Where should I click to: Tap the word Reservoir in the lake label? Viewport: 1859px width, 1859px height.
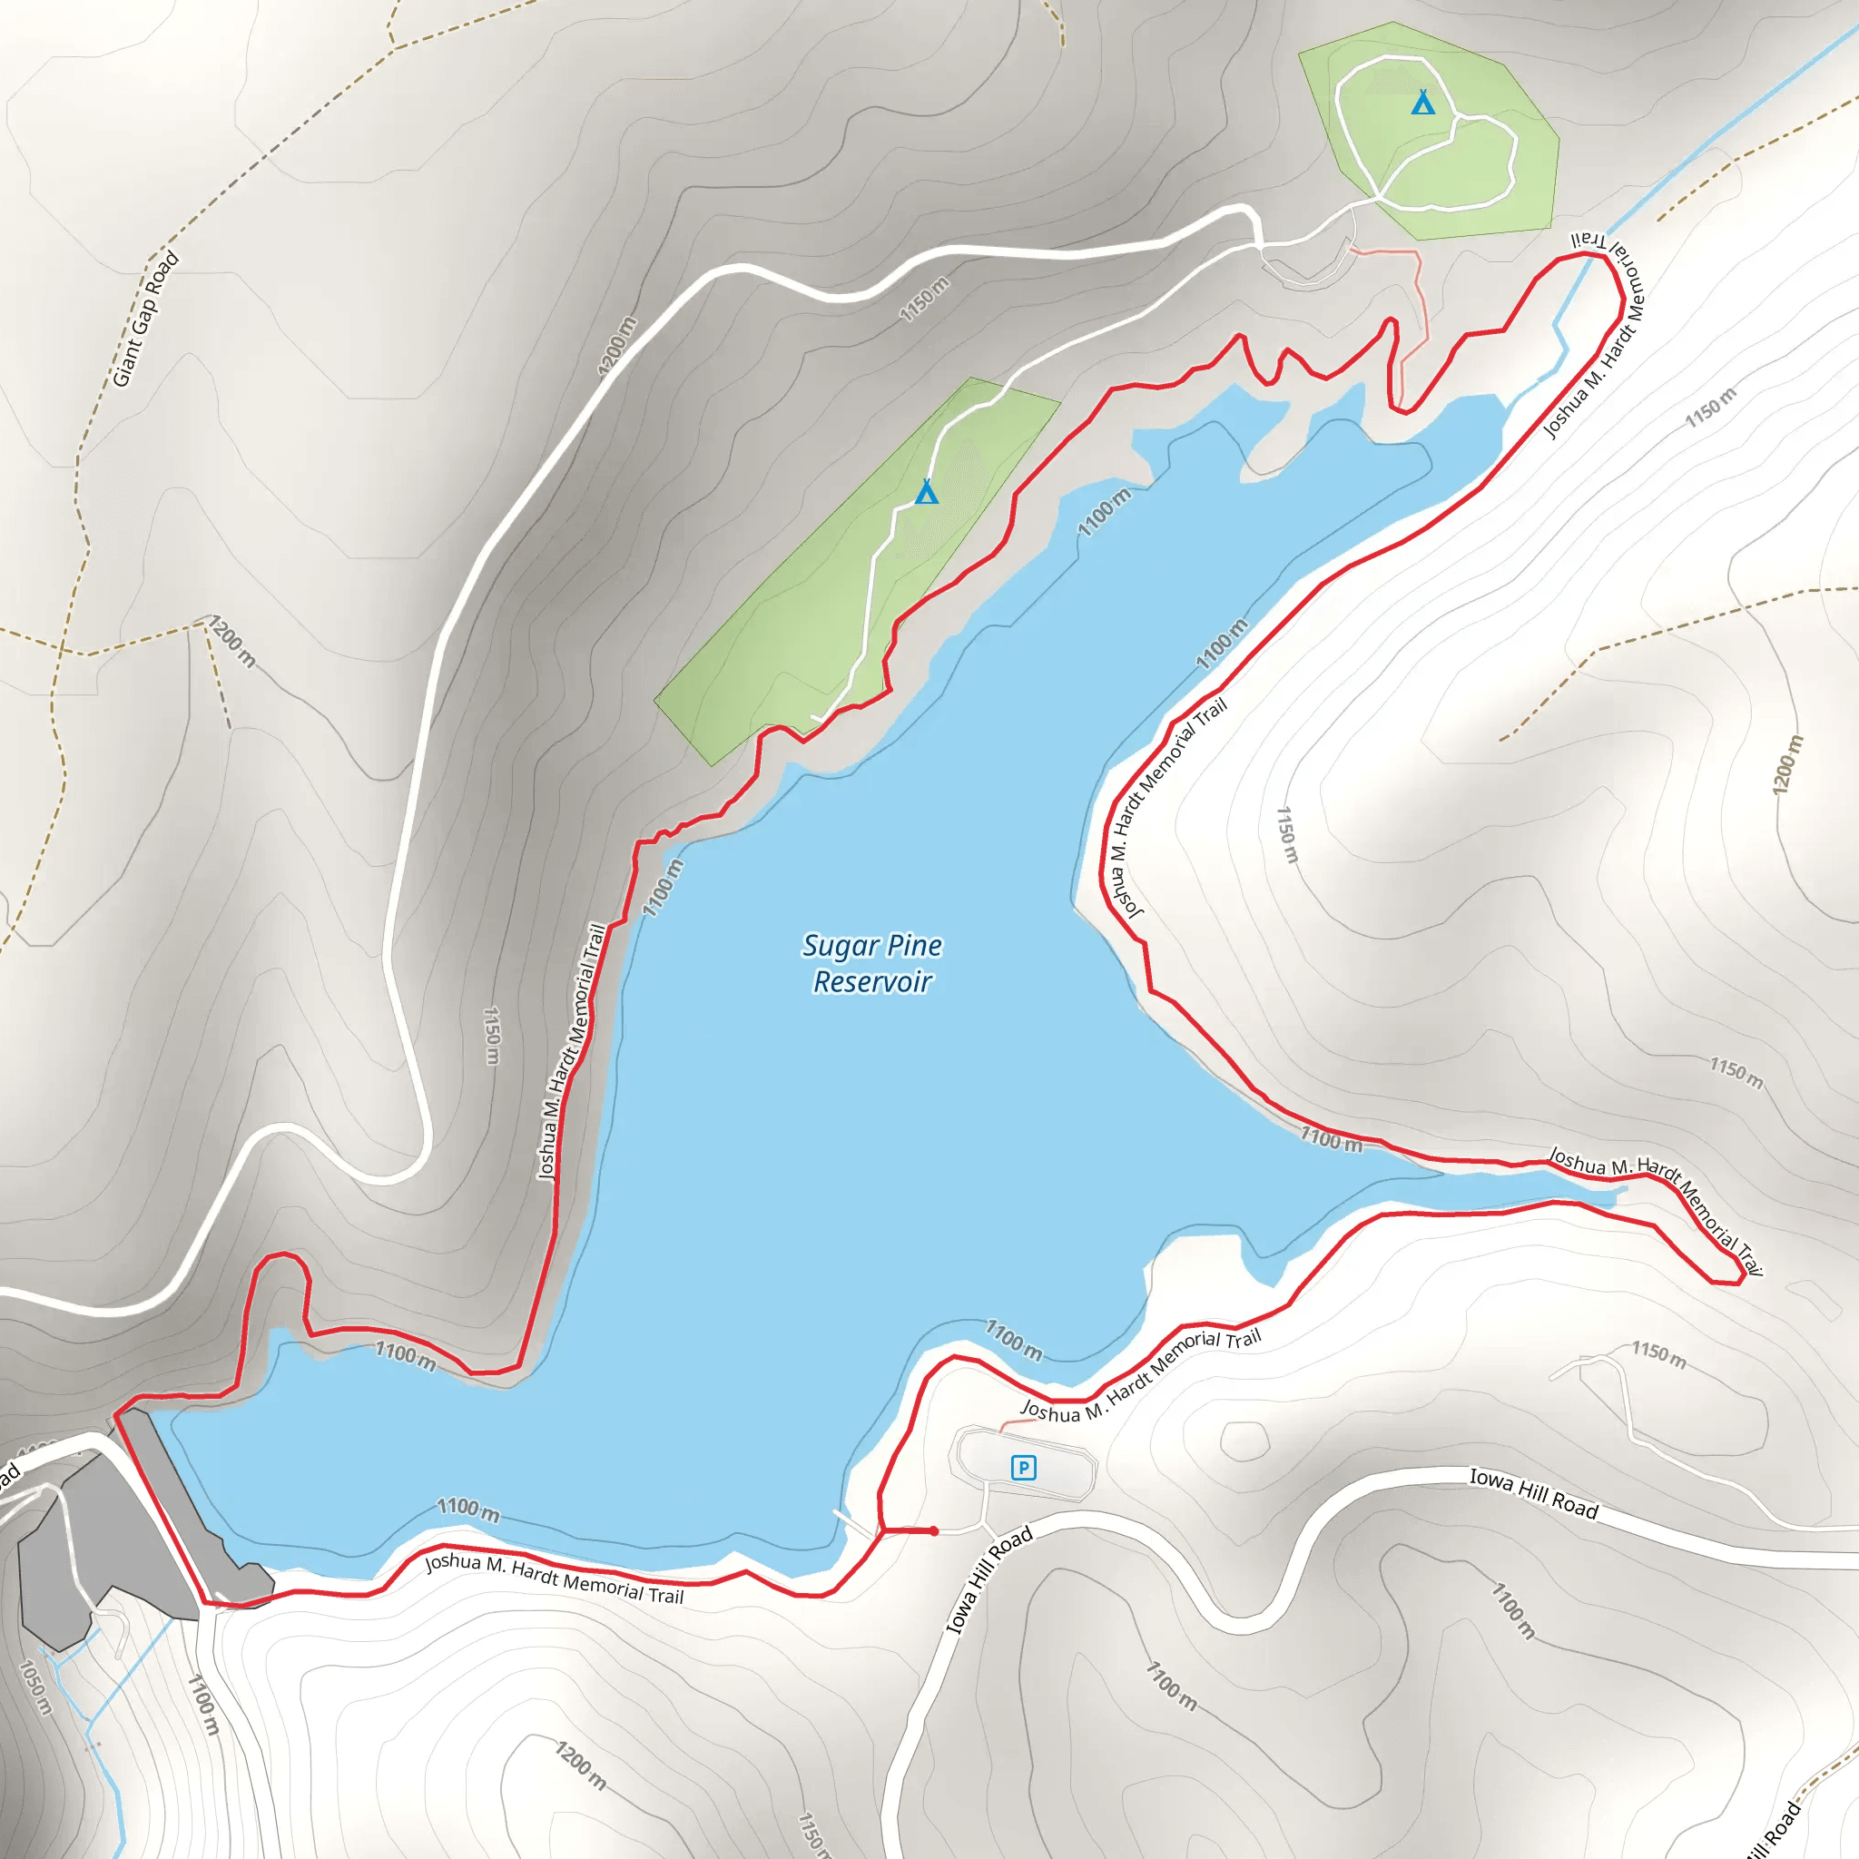(871, 982)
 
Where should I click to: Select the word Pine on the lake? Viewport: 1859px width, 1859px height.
(914, 946)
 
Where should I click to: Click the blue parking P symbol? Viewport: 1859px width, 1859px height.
(1023, 1468)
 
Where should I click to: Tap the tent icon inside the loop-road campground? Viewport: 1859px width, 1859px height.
(1422, 102)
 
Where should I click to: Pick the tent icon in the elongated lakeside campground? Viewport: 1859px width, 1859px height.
(926, 492)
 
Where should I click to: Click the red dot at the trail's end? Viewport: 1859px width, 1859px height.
(933, 1531)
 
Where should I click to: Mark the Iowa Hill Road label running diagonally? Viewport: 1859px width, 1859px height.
(989, 1580)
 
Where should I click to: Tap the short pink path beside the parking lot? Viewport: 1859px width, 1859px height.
(1015, 1423)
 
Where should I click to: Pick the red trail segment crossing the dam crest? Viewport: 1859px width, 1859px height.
(159, 1506)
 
